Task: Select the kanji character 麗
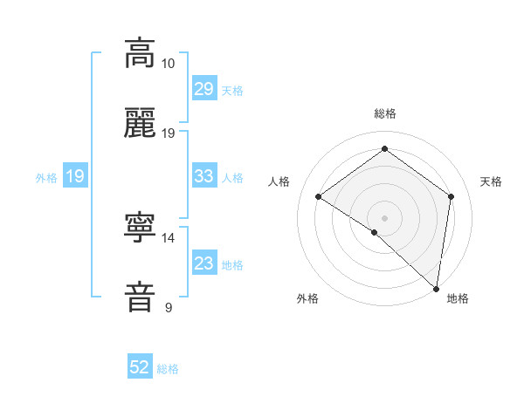tap(140, 123)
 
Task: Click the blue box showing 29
tap(203, 89)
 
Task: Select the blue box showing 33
tap(203, 176)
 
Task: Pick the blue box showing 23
tap(203, 263)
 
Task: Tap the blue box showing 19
tap(74, 176)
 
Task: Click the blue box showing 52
tap(140, 367)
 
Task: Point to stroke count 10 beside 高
tap(169, 64)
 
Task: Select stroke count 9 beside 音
tap(169, 307)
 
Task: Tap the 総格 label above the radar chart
tap(384, 114)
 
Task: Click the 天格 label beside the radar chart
tap(491, 181)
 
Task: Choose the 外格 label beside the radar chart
tap(307, 298)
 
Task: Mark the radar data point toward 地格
tap(436, 288)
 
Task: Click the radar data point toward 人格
tap(319, 196)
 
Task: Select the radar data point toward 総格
tap(384, 149)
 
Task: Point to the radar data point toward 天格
tap(452, 196)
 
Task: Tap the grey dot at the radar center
tap(384, 217)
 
